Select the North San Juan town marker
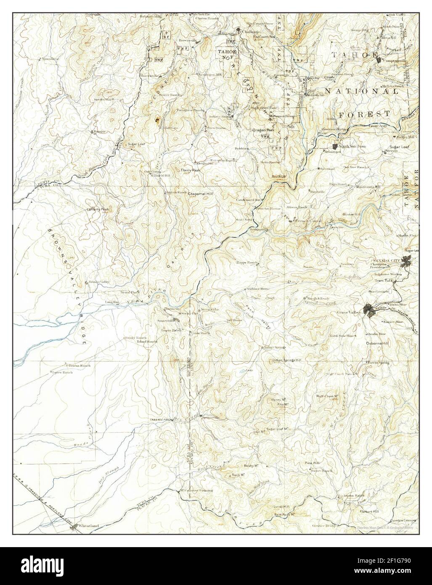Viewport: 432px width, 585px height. click(335, 146)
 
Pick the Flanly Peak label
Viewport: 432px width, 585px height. click(190, 170)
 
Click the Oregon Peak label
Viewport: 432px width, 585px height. click(263, 130)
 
